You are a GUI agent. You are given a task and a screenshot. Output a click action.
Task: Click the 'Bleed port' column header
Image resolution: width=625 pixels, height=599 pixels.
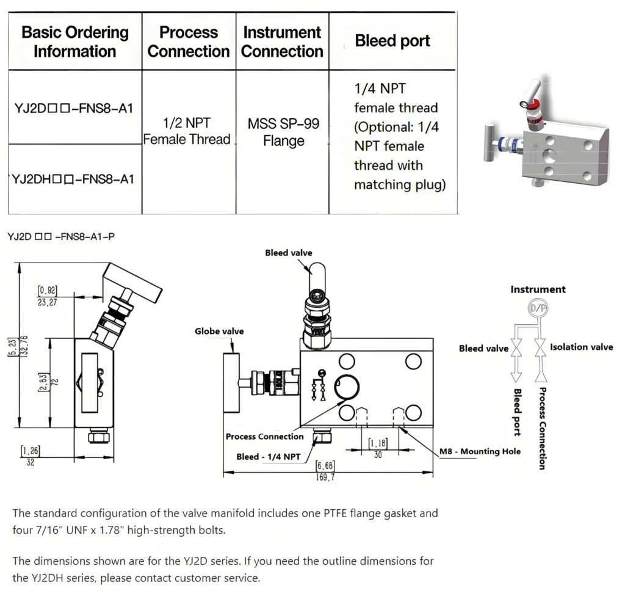click(392, 42)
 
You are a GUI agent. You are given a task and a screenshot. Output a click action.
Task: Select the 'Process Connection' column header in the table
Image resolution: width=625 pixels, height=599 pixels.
click(188, 42)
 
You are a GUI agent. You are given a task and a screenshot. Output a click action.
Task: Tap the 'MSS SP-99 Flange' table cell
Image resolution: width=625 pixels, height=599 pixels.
click(283, 133)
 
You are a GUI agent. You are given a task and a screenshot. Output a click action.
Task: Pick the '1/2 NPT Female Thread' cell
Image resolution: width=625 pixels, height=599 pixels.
click(187, 131)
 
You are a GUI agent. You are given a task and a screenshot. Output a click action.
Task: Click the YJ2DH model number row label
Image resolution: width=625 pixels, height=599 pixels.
click(73, 179)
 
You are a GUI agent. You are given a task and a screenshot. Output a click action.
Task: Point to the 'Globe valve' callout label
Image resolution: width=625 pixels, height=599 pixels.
click(219, 331)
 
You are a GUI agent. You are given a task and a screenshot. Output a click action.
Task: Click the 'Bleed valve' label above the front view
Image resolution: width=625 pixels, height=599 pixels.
click(288, 253)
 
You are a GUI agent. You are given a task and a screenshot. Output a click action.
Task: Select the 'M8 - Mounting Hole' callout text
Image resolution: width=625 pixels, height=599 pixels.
click(480, 451)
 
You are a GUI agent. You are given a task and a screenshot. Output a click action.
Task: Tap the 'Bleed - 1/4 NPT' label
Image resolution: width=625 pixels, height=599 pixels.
click(268, 456)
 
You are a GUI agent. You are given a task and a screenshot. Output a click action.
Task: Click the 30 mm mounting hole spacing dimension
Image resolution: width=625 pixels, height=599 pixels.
click(378, 454)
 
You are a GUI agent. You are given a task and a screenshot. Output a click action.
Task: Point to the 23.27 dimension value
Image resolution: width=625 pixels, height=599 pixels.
click(47, 302)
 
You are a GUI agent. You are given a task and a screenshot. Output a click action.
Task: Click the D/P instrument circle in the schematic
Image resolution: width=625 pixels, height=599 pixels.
click(538, 309)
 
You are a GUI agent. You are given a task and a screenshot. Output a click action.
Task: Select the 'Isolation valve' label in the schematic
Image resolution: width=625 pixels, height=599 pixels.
click(581, 347)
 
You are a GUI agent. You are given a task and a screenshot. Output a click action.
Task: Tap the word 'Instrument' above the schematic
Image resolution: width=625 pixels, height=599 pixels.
click(538, 289)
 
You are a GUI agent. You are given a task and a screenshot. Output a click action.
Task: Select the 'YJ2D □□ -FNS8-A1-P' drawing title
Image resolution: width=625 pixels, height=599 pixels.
click(61, 236)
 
